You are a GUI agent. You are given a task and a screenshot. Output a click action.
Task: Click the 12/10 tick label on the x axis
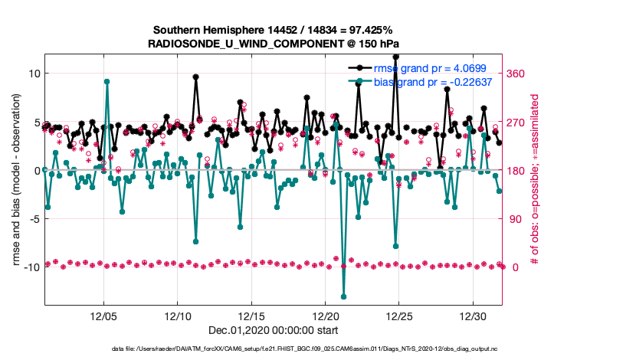coord(178,316)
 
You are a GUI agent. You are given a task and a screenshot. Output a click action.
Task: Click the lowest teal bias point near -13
coord(343,296)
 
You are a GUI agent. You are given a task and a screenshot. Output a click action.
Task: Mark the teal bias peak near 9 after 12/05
coord(107,81)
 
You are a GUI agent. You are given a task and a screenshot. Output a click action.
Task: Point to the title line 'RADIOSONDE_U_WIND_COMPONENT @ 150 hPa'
coord(274,44)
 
